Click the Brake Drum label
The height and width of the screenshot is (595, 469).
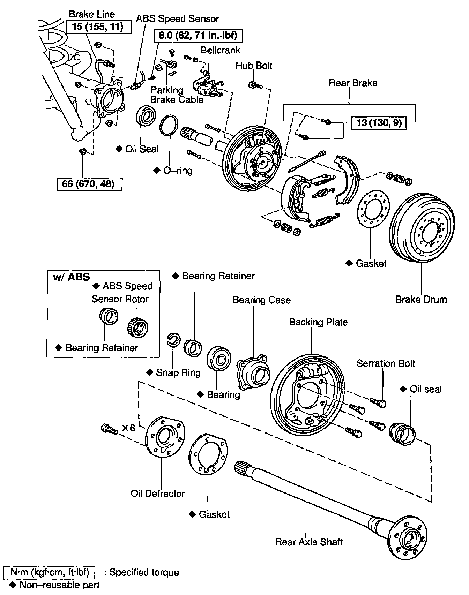pyautogui.click(x=421, y=300)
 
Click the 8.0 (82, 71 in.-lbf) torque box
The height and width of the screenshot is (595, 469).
pyautogui.click(x=198, y=35)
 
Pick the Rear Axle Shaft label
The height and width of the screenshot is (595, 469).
pyautogui.click(x=309, y=542)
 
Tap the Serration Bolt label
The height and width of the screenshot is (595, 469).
pyautogui.click(x=386, y=363)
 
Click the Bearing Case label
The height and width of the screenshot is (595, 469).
pyautogui.click(x=261, y=300)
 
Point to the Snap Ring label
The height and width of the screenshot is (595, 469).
pyautogui.click(x=178, y=372)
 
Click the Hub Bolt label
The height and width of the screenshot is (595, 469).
pyautogui.click(x=254, y=66)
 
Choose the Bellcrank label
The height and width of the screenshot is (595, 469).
pyautogui.click(x=220, y=50)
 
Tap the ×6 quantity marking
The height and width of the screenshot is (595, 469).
pyautogui.click(x=128, y=428)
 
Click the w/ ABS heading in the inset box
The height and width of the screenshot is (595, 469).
pyautogui.click(x=71, y=277)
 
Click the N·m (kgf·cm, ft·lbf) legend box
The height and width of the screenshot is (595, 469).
pyautogui.click(x=49, y=572)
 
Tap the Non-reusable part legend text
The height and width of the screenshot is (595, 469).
pyautogui.click(x=59, y=585)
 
